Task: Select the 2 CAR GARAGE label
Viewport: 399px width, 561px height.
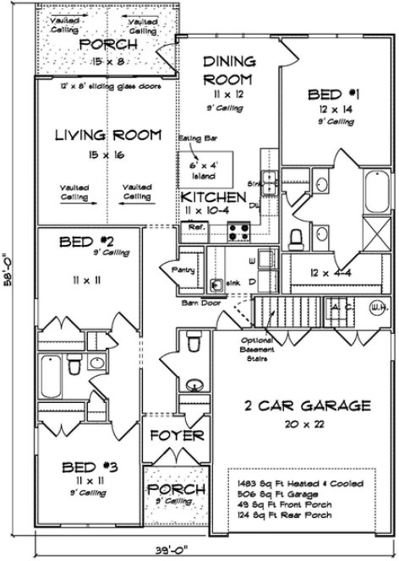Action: click(308, 406)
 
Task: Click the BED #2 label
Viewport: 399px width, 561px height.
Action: click(86, 243)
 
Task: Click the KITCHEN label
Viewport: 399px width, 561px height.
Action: click(213, 197)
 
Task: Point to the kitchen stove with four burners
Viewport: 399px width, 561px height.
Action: click(238, 227)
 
